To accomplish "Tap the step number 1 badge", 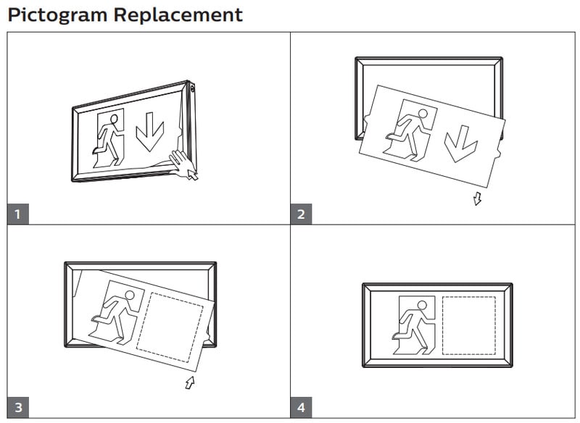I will point(18,214).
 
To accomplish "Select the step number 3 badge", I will point(18,408).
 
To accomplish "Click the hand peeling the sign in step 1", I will point(183,165).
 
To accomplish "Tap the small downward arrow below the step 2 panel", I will point(476,198).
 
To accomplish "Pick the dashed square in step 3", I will point(170,327).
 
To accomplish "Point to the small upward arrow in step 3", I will point(190,382).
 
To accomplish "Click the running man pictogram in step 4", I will point(415,325).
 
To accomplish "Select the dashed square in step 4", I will point(469,325).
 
